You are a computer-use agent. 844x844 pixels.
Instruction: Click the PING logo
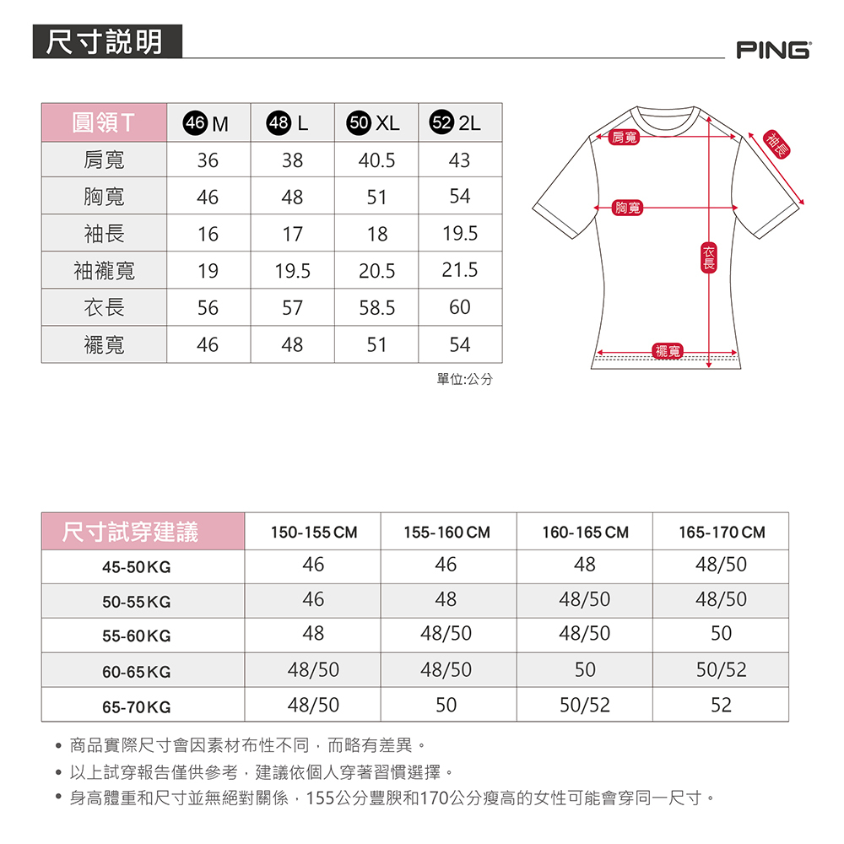(772, 50)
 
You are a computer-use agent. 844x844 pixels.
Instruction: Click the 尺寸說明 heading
(106, 41)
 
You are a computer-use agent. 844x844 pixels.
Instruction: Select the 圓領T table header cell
(104, 122)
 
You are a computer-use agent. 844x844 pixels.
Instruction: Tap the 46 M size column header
(208, 123)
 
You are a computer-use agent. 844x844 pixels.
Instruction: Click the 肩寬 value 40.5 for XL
(376, 160)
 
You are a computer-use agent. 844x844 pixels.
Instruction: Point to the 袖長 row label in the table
(104, 234)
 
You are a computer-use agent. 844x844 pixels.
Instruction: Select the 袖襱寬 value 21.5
(460, 270)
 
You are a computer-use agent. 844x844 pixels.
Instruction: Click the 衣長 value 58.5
(376, 308)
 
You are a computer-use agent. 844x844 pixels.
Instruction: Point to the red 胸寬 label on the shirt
(629, 208)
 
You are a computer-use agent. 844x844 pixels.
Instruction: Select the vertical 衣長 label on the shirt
(709, 257)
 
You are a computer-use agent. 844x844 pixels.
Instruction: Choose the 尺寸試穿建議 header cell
(130, 532)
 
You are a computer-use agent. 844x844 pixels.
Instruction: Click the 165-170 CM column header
(722, 533)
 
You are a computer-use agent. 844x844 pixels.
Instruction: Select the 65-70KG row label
(136, 706)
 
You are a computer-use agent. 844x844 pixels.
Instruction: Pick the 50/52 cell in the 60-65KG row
(722, 670)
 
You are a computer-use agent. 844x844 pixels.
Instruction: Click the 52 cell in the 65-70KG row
(722, 705)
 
